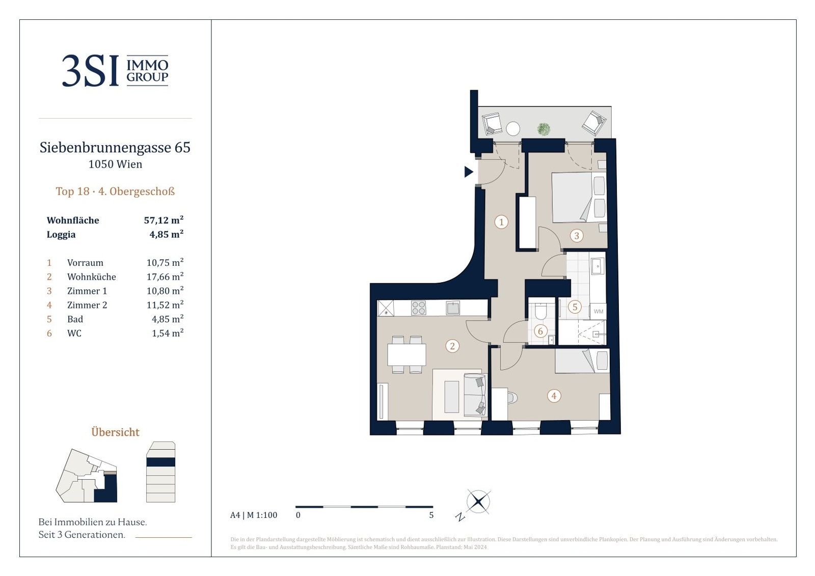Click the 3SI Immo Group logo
[x=115, y=71]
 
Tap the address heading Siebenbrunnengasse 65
[x=115, y=147]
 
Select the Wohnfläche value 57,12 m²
[x=164, y=220]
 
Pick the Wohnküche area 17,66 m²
[x=165, y=277]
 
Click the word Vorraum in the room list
[x=85, y=263]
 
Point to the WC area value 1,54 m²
[x=168, y=333]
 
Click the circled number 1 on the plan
[x=501, y=222]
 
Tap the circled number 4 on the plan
[x=554, y=396]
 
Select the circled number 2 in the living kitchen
[x=452, y=346]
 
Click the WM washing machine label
[x=598, y=312]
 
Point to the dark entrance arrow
[x=469, y=172]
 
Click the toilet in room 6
[x=541, y=311]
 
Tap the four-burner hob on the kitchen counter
[x=418, y=308]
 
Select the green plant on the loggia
[x=544, y=129]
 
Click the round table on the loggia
[x=513, y=128]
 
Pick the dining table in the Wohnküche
[x=406, y=354]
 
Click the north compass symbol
[x=478, y=502]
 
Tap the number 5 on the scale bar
[x=431, y=515]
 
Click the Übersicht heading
[x=115, y=432]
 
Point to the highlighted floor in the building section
[x=160, y=462]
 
